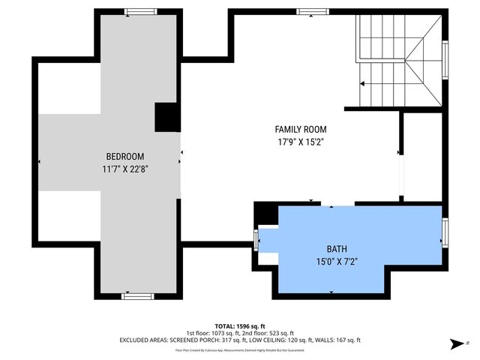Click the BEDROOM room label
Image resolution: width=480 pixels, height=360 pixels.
(124, 156)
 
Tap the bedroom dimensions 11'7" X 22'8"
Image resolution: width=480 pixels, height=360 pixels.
(124, 169)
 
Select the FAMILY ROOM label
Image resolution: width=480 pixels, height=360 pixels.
(300, 129)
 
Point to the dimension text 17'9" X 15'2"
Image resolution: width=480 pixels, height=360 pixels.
(300, 141)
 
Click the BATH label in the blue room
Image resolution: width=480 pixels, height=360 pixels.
(337, 249)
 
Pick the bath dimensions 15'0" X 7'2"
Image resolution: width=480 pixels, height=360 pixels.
(337, 262)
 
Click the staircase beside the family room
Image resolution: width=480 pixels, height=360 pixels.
(400, 62)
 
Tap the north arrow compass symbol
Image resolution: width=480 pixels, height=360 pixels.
(456, 344)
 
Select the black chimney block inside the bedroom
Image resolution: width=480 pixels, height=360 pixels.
(166, 118)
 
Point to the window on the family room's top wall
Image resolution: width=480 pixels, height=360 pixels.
(307, 12)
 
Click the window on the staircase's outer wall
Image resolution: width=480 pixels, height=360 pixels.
(445, 61)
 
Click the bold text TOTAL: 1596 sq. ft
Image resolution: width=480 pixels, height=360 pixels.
(239, 325)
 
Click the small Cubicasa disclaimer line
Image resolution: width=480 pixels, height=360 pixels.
(239, 349)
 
